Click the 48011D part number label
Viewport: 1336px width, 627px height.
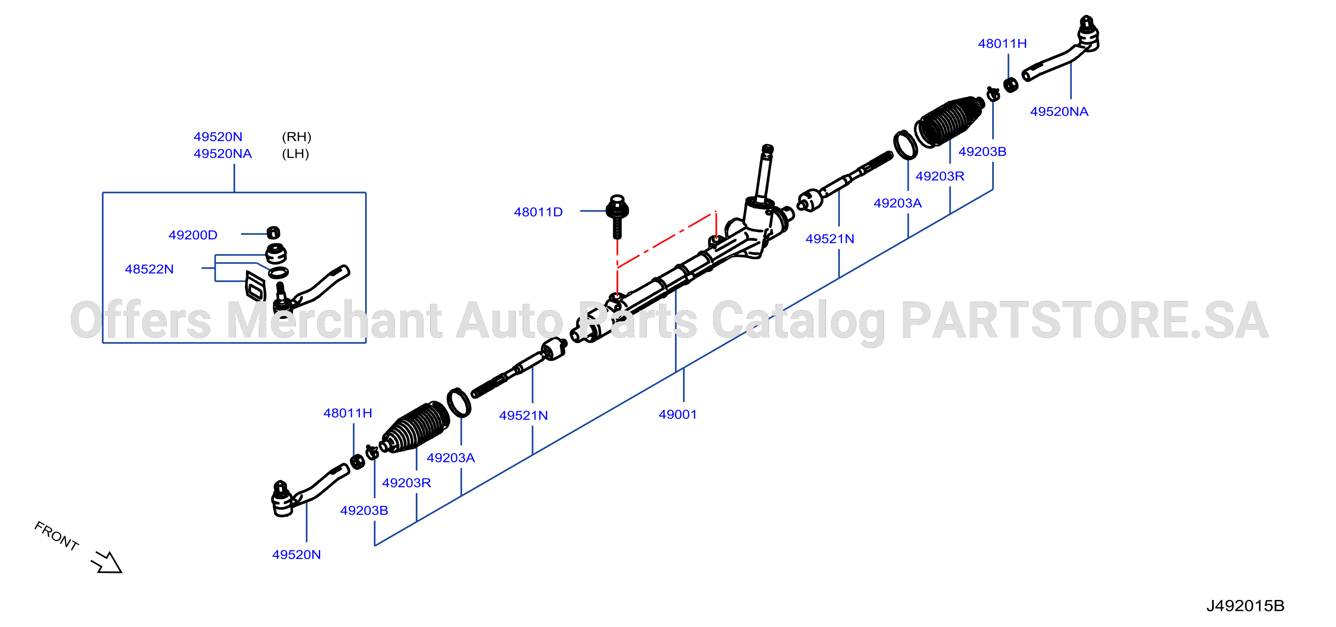(538, 212)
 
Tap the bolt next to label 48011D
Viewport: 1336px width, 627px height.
(617, 216)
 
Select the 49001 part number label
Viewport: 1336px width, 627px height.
(678, 414)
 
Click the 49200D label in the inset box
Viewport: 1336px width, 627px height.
(193, 235)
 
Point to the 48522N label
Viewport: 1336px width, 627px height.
(149, 269)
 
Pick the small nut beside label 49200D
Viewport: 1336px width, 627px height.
(273, 233)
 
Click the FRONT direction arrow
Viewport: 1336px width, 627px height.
(107, 562)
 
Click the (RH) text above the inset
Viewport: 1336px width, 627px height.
(296, 137)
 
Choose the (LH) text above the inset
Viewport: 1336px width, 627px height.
(296, 154)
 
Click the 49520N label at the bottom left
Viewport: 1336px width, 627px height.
(296, 554)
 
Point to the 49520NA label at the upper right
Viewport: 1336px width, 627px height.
(1059, 112)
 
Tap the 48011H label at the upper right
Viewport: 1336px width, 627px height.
(1002, 44)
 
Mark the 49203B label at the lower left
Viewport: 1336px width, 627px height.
(364, 510)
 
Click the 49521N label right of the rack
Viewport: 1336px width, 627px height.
(830, 239)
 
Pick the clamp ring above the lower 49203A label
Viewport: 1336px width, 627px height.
(459, 403)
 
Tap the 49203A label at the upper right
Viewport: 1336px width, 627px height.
(898, 203)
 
